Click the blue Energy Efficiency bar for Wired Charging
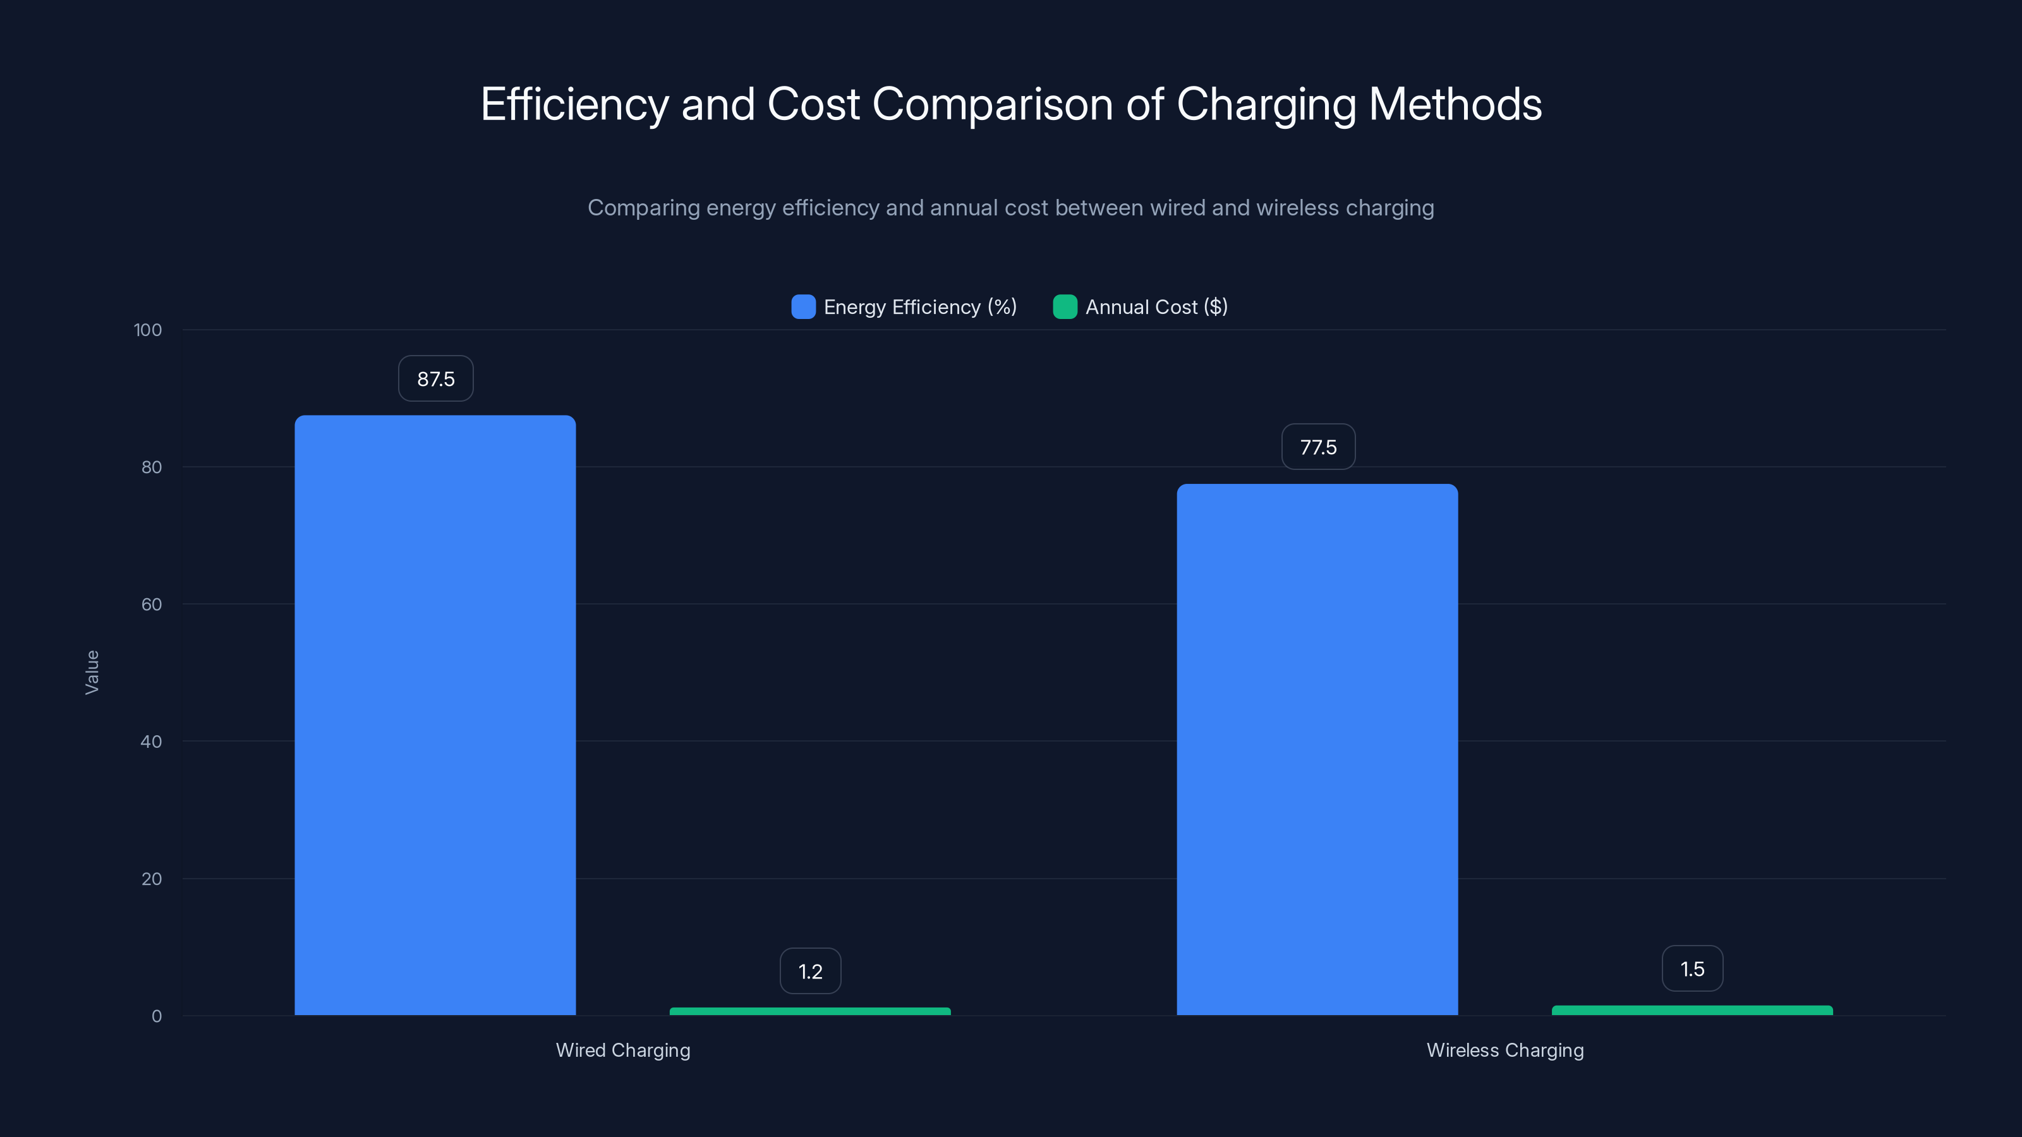coord(435,714)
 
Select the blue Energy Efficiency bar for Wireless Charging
coord(1317,749)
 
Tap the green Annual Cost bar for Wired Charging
coord(810,1011)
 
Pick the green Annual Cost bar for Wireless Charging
coord(1692,1010)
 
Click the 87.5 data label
coord(435,379)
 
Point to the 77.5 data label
coord(1318,447)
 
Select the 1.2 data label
coord(810,972)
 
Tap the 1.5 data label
coord(1692,969)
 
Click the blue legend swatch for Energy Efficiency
coord(803,307)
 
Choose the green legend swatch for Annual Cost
coord(1064,307)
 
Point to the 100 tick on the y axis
coord(148,330)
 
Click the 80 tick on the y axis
coord(152,467)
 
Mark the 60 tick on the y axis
coord(152,605)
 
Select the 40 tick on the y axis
coord(152,742)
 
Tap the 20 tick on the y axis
coord(152,879)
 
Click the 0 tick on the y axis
coord(156,1016)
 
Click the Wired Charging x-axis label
coord(623,1050)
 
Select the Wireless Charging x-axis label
coord(1504,1050)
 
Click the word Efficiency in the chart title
coord(574,104)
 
